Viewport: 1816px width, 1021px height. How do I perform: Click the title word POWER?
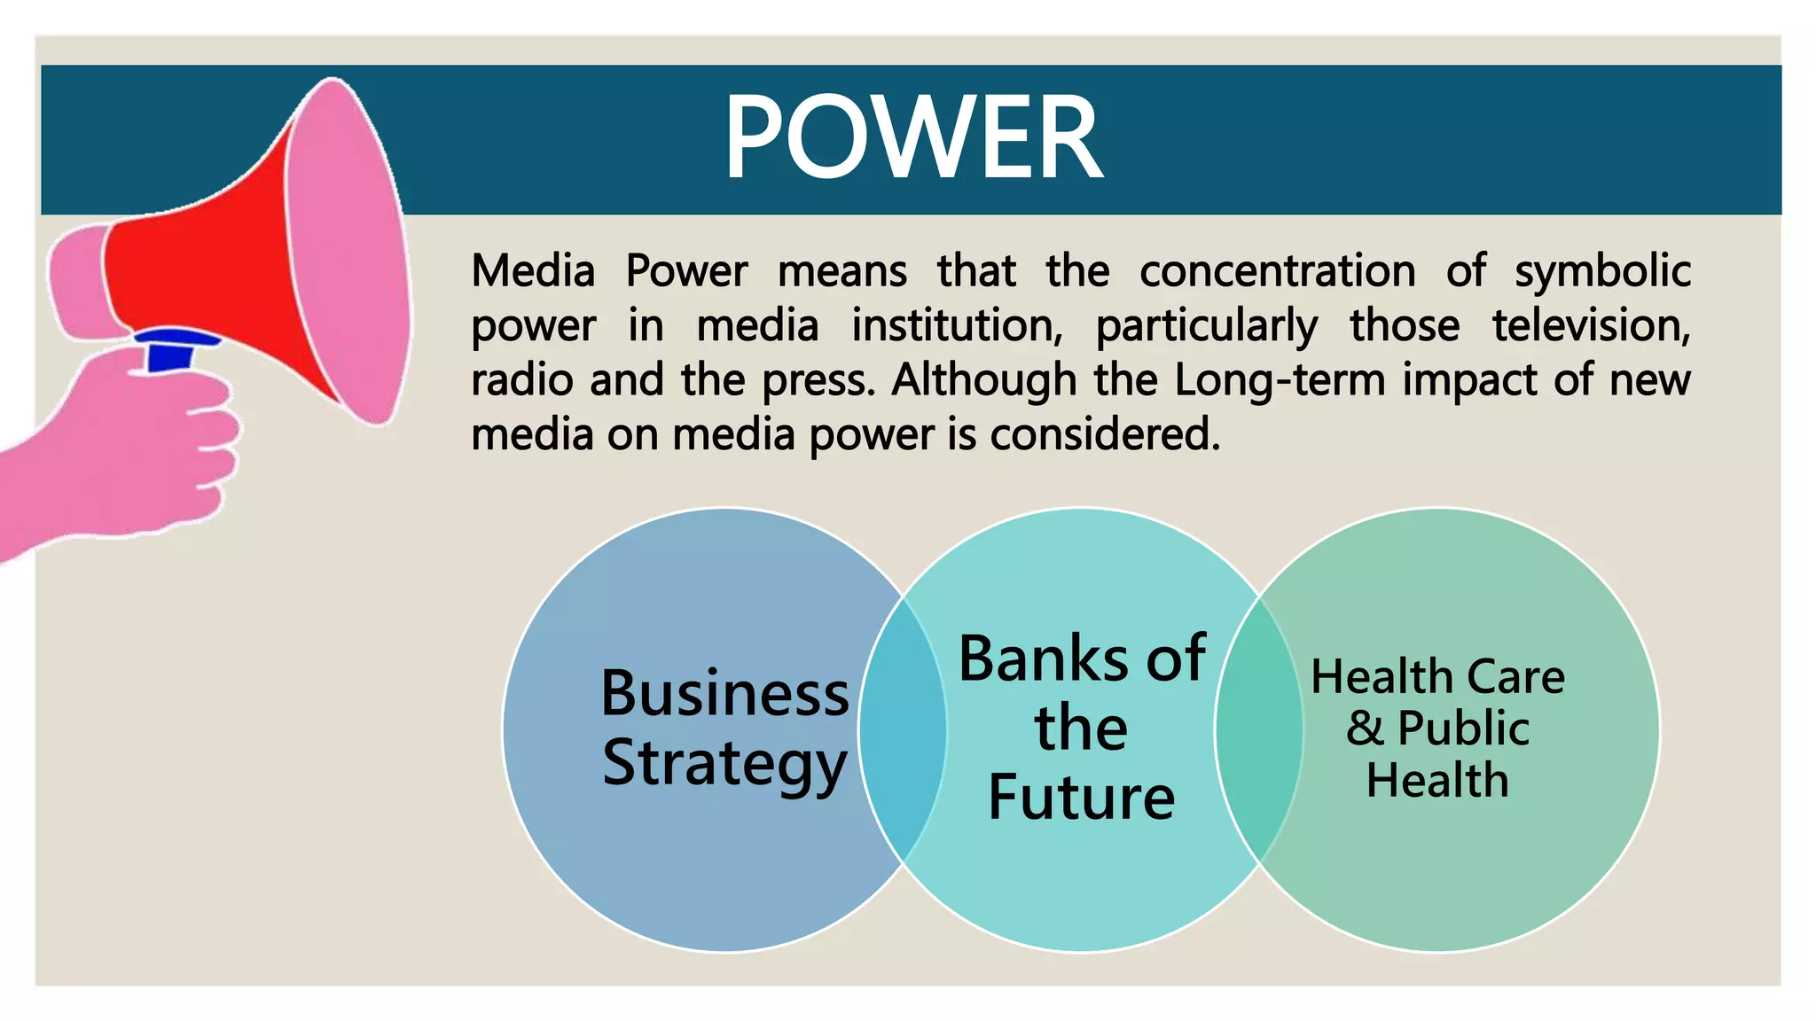pos(913,138)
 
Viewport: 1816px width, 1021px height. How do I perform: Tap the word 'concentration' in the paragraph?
pos(1277,271)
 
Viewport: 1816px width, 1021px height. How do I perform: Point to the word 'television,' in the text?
pos(1591,325)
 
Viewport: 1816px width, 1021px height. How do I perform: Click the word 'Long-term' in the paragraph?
pos(1280,381)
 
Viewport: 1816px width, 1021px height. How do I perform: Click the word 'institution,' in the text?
pos(957,325)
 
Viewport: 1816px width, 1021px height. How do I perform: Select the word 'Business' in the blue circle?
pos(724,693)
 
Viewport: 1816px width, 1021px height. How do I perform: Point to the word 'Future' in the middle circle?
pos(1081,798)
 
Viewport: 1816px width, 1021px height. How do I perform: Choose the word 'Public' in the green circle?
pos(1463,729)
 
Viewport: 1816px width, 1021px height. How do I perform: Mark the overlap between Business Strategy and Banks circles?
pos(903,730)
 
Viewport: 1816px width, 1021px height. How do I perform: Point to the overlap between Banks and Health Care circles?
pos(1259,730)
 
